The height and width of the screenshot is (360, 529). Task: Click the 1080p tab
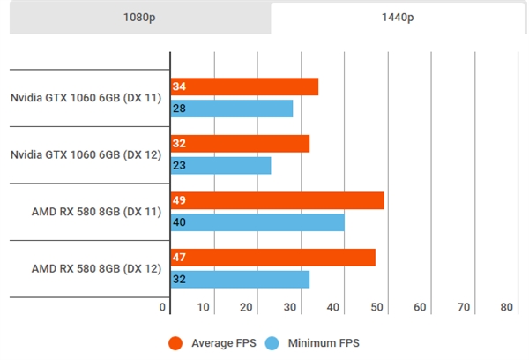click(137, 18)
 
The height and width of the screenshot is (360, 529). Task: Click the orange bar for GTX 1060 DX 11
click(244, 86)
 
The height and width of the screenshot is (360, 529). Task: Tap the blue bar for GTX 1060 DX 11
click(231, 109)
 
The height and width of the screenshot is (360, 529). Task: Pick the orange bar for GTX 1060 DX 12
click(240, 144)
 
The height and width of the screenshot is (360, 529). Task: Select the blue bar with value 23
click(220, 165)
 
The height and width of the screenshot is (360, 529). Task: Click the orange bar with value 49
click(277, 200)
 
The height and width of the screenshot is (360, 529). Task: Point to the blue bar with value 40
click(257, 222)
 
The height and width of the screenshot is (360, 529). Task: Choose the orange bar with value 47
click(272, 258)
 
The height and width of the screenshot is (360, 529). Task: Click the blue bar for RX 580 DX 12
click(240, 279)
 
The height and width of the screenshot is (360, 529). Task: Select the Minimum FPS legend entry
click(317, 342)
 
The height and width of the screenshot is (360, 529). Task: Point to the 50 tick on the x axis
click(378, 307)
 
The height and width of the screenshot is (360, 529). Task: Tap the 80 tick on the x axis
click(506, 307)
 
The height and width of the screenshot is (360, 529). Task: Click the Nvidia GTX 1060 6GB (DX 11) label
click(86, 97)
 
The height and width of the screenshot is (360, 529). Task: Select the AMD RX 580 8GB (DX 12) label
click(96, 268)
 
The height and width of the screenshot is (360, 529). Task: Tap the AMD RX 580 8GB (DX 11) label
click(96, 212)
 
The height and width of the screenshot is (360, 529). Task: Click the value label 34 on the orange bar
click(180, 86)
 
